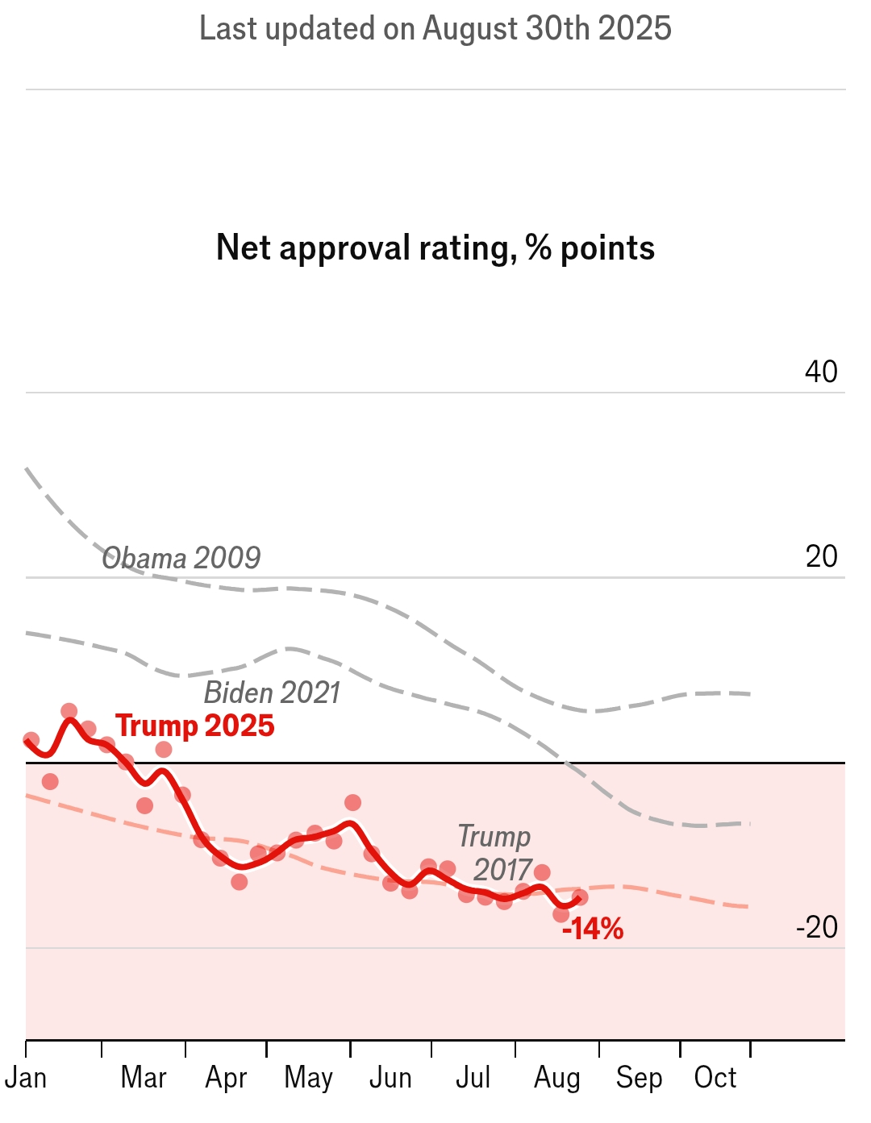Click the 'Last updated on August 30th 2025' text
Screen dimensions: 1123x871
click(x=435, y=29)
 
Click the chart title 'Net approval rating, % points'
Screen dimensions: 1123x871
click(x=435, y=247)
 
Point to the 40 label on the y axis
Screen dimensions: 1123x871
click(x=821, y=372)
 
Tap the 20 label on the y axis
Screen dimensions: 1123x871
click(x=822, y=556)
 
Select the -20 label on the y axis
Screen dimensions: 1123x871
click(x=817, y=927)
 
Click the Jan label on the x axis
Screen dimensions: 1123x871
click(x=26, y=1078)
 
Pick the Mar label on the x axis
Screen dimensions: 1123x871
click(x=144, y=1078)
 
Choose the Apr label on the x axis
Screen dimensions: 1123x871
click(x=226, y=1078)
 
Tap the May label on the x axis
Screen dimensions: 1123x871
click(x=308, y=1078)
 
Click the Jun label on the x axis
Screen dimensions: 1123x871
click(x=390, y=1078)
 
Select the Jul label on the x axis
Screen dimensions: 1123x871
click(x=473, y=1078)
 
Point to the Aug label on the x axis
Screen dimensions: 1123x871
click(x=556, y=1078)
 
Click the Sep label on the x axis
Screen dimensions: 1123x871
click(x=639, y=1078)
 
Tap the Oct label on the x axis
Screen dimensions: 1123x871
click(x=715, y=1078)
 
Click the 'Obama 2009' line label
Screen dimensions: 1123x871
click(x=181, y=558)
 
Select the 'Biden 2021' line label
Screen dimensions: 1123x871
click(x=272, y=693)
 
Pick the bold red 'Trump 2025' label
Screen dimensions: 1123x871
click(x=195, y=726)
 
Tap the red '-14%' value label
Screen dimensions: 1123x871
click(x=593, y=930)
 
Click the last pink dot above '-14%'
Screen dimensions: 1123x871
click(x=579, y=897)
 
